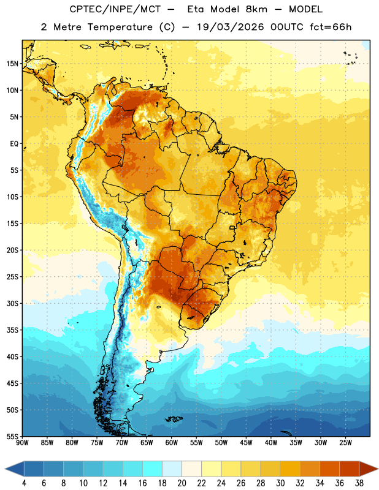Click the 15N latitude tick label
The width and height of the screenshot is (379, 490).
click(12, 64)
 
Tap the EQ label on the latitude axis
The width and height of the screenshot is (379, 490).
click(14, 144)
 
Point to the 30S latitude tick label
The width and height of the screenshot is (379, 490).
click(12, 303)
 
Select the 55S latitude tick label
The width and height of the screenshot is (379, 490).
click(12, 437)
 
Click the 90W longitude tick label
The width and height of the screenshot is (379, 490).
click(22, 443)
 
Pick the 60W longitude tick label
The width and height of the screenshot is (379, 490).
click(172, 443)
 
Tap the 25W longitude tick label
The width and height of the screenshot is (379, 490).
click(345, 443)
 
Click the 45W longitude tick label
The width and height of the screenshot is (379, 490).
click(246, 443)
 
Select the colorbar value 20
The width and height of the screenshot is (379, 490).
click(182, 483)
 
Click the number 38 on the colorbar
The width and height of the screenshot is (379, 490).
click(359, 483)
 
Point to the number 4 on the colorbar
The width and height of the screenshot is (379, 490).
click(24, 483)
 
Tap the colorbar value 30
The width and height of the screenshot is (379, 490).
click(280, 483)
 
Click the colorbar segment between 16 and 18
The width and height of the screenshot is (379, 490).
click(153, 469)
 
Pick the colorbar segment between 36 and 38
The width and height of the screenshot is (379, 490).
click(350, 469)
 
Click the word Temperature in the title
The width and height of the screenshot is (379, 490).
click(120, 27)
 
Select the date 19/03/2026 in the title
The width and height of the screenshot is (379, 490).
click(231, 27)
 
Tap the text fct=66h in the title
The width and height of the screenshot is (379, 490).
click(331, 27)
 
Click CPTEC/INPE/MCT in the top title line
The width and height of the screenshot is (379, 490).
click(115, 9)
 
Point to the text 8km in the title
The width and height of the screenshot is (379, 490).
click(256, 9)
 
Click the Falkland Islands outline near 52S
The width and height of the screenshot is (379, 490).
click(174, 419)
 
